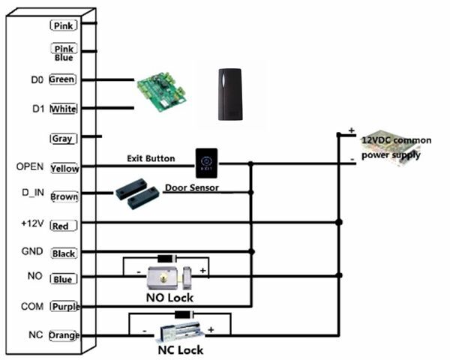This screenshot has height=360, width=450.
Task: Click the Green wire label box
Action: click(62, 79)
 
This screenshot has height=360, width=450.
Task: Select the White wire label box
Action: click(62, 109)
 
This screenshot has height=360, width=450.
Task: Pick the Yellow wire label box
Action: click(64, 168)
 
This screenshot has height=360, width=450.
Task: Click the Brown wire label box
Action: click(64, 196)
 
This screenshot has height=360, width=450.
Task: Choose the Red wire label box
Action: click(63, 223)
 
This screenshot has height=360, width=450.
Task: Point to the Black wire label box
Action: click(64, 253)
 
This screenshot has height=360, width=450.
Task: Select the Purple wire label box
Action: click(64, 307)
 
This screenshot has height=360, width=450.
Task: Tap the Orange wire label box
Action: click(64, 335)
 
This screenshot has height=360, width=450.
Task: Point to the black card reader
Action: click(230, 94)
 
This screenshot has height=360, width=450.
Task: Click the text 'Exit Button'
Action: click(151, 158)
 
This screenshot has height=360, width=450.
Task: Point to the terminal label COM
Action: click(34, 306)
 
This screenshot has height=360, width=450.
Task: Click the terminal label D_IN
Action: click(33, 193)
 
